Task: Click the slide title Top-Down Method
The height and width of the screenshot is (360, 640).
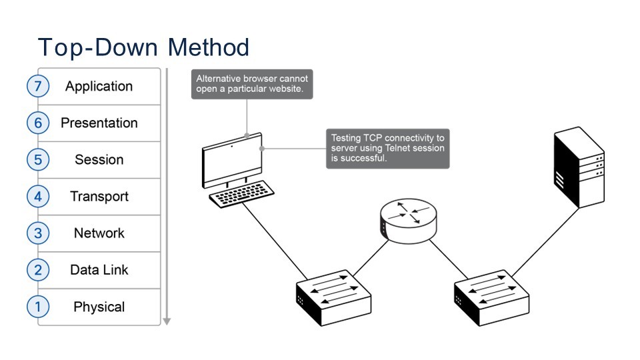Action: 143,47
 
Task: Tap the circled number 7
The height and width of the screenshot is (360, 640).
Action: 38,86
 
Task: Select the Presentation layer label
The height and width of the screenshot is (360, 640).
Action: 99,123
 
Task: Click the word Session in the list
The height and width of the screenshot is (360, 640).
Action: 99,160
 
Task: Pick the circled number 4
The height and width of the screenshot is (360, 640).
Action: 38,197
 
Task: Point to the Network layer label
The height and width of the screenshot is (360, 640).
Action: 99,233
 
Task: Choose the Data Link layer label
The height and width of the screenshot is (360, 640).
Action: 99,270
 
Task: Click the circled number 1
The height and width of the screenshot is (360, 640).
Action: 38,307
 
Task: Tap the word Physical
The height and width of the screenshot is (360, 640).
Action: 99,307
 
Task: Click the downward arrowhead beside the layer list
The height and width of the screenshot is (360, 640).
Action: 167,321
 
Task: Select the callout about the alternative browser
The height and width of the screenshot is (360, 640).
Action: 252,84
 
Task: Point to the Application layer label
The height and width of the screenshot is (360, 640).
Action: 99,86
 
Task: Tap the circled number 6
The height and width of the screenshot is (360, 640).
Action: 38,123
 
